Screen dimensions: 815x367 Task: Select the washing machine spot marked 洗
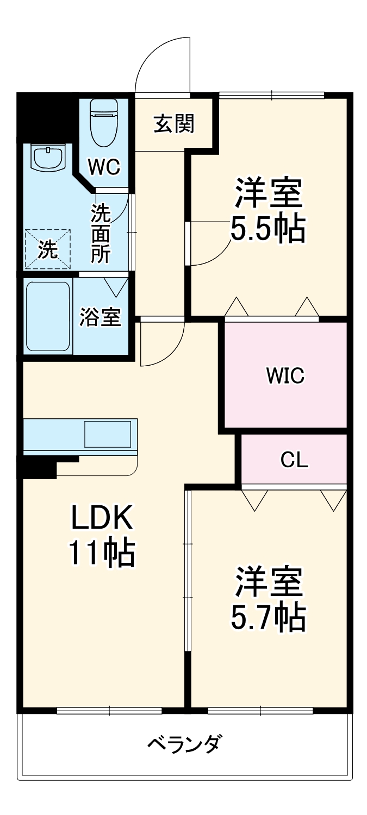click(x=47, y=249)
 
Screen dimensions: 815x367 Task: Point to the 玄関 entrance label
click(x=173, y=124)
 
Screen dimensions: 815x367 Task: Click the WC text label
click(x=104, y=168)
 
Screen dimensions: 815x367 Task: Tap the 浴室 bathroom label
click(x=100, y=317)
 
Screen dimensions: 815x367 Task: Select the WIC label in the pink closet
click(x=285, y=375)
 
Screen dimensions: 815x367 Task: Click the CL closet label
click(x=294, y=460)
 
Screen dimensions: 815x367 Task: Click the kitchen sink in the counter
click(x=107, y=434)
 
